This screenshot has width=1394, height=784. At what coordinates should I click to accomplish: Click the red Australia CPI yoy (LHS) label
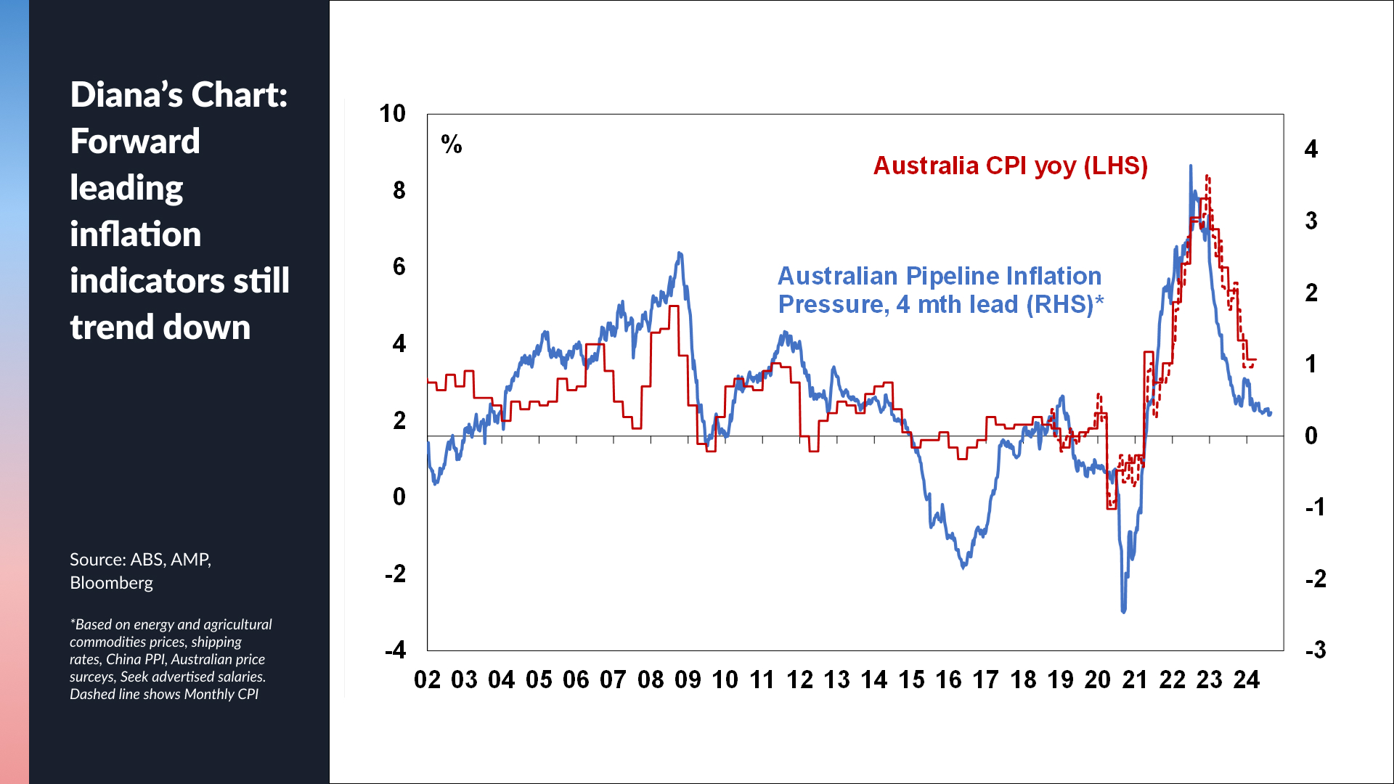point(1010,166)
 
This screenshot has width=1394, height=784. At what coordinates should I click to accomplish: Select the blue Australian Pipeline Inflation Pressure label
point(939,290)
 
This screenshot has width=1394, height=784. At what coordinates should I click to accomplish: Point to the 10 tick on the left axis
point(392,114)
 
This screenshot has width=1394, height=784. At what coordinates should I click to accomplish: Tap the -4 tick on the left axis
point(395,650)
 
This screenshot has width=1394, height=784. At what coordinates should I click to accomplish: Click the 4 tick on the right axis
point(1311,150)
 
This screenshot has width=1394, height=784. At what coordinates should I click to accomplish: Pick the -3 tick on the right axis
point(1315,650)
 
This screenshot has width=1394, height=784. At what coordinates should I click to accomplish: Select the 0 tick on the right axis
point(1311,436)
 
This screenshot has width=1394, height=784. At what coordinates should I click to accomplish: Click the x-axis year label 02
point(427,680)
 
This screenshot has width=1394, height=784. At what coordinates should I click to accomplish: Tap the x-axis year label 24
point(1246,680)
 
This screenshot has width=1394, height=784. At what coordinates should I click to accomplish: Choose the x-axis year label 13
point(836,680)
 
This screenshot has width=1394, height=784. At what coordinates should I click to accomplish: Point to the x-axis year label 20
point(1097,680)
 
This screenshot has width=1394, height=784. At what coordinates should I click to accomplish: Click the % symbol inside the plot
point(452,144)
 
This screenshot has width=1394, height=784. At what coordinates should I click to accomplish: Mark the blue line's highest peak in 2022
point(1191,166)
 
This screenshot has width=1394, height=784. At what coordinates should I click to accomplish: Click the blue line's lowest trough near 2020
point(1124,611)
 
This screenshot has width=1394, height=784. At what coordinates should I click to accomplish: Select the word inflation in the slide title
point(135,234)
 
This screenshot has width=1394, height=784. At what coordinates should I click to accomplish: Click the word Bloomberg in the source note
point(111,583)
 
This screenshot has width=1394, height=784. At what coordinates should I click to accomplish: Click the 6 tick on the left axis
point(399,267)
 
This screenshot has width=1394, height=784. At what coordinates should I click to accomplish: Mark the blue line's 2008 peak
point(680,253)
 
